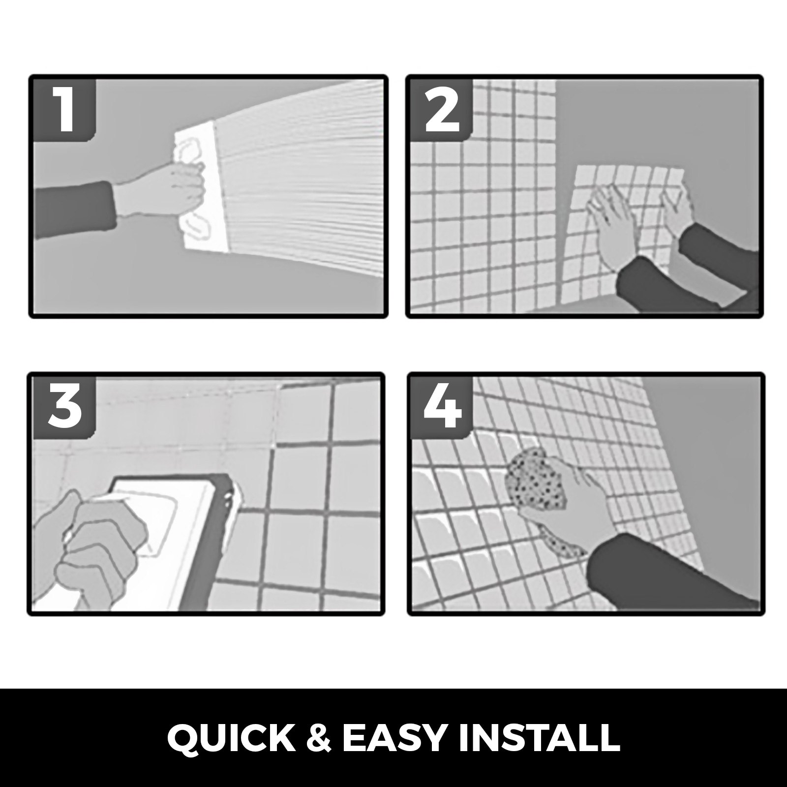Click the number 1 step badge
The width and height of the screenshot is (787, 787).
pyautogui.click(x=63, y=109)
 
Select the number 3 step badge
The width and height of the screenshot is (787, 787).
pyautogui.click(x=63, y=407)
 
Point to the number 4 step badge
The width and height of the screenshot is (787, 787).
pyautogui.click(x=442, y=407)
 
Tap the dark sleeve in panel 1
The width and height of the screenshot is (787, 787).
pyautogui.click(x=74, y=205)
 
